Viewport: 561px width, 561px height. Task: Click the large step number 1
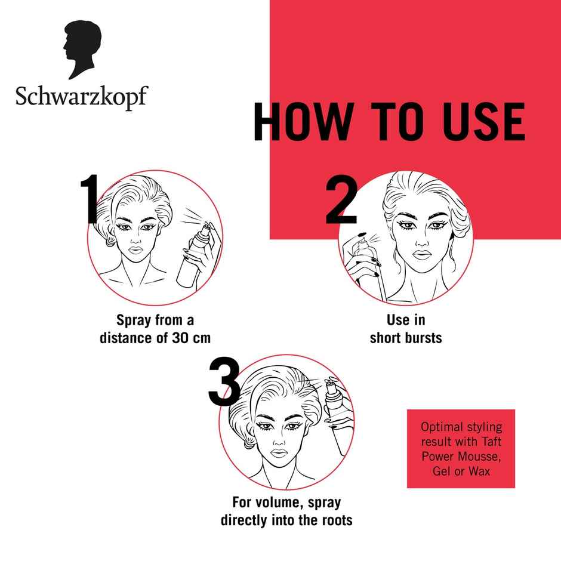90,201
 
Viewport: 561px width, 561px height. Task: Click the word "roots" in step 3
334,520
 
